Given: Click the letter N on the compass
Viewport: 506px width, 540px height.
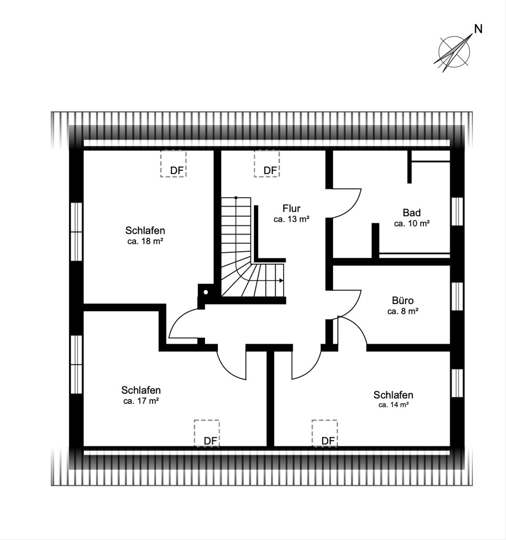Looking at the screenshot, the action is pos(478,29).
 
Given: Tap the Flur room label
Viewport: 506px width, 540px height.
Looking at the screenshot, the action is pos(291,209).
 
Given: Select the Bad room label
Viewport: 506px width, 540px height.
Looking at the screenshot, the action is pos(412,213).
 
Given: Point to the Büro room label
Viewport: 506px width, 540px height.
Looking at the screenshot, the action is pos(403,300).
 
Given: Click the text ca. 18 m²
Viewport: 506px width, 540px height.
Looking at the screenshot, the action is pos(145,241).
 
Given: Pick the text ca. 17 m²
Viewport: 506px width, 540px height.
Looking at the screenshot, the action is pos(141,401).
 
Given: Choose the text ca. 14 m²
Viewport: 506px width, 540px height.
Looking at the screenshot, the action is pos(393,405).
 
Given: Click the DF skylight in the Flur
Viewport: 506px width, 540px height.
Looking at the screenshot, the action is pos(267,163).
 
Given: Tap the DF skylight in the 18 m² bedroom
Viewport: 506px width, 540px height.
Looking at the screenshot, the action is pos(173,163).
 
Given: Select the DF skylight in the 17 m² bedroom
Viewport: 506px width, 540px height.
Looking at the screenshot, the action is pos(207,433).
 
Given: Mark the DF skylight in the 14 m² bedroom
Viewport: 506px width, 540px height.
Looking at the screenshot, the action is pos(324,433).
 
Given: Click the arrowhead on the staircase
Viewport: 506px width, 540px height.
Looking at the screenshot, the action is pos(281,281).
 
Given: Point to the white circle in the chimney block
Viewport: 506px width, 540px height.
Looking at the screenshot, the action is pos(206,292).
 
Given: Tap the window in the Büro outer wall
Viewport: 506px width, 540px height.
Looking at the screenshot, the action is pos(457,296).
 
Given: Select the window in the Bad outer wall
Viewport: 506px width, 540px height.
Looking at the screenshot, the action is pos(457,211).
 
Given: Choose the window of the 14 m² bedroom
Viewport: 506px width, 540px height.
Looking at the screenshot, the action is pos(457,383).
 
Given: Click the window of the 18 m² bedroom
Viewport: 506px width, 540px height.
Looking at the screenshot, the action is pos(76,231).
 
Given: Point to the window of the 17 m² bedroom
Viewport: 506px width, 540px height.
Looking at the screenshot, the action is pos(76,364).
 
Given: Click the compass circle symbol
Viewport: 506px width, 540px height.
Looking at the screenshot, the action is pos(454,52).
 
